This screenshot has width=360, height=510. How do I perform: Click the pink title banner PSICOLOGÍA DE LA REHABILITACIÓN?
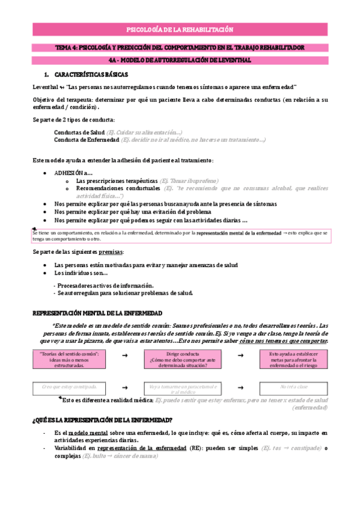click(x=180, y=29)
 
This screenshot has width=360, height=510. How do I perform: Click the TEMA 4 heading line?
click(x=180, y=47)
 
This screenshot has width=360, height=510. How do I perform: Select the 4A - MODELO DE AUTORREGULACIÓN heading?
click(x=180, y=60)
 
